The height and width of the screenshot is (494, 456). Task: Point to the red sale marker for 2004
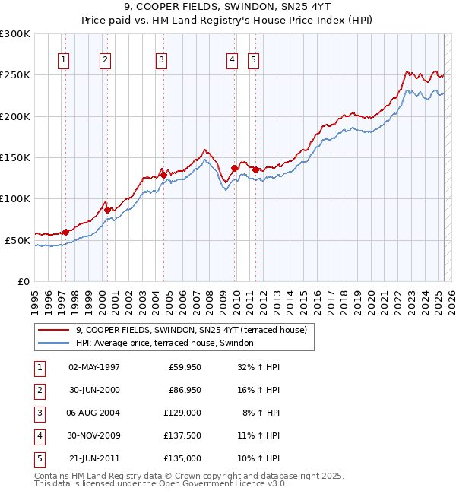tap(163, 175)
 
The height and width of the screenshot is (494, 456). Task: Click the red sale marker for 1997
tap(66, 232)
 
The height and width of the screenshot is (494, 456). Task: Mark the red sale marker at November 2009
tap(235, 168)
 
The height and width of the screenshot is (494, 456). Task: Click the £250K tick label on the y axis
tap(15, 75)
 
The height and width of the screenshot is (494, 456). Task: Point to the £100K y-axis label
tap(15, 198)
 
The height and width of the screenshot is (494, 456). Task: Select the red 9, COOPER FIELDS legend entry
tap(191, 331)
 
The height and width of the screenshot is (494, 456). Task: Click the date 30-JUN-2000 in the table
tap(94, 390)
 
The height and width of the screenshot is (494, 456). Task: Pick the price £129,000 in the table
tap(182, 413)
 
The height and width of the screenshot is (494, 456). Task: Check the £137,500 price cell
tap(182, 435)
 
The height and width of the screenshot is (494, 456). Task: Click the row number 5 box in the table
tap(40, 458)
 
